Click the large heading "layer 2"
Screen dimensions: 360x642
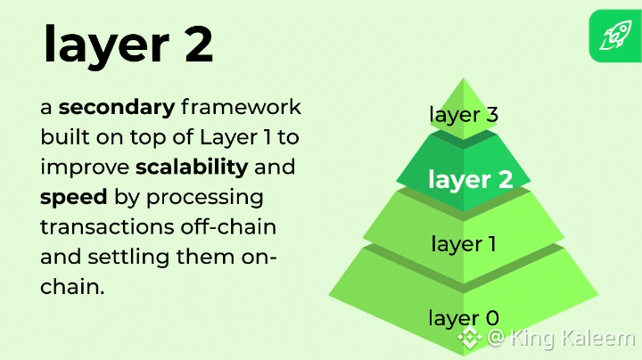(128, 45)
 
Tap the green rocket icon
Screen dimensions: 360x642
(614, 36)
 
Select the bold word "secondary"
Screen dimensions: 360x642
(117, 108)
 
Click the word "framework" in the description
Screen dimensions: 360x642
(241, 108)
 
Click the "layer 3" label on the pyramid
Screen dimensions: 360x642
(464, 115)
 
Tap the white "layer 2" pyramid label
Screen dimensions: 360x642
(470, 179)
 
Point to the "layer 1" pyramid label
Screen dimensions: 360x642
(464, 243)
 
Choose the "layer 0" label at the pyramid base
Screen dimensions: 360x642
(464, 318)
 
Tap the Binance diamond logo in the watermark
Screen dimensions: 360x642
(470, 339)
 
